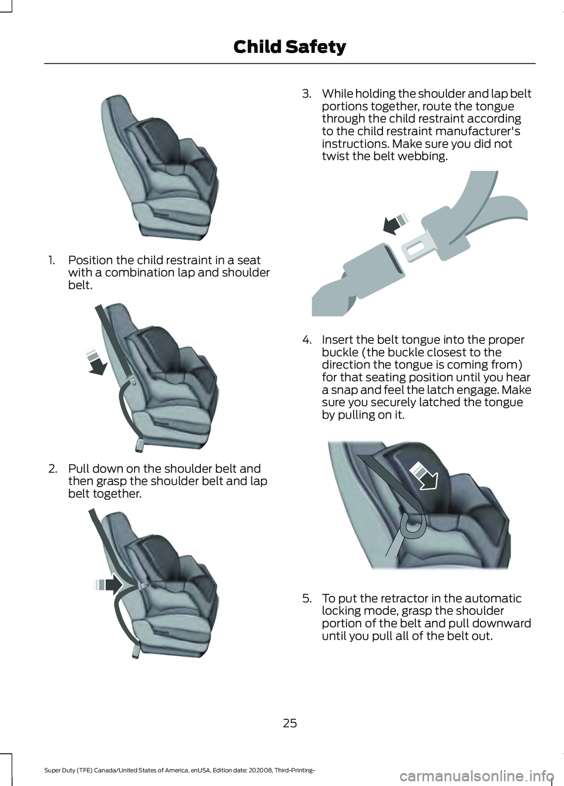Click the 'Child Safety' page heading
(290, 47)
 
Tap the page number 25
(290, 724)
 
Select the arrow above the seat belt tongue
(395, 223)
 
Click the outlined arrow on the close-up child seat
(424, 475)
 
